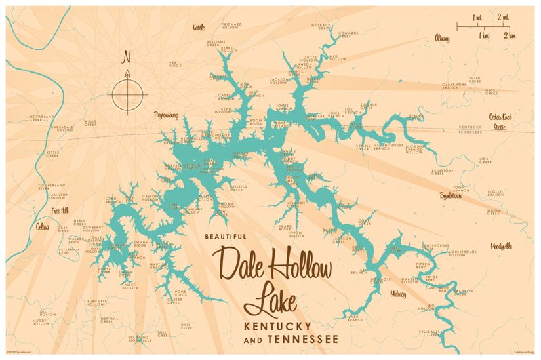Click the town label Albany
coord(442,39)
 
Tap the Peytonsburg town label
coord(166,114)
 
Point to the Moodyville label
coord(501,246)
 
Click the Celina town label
coord(43,227)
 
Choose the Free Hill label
coord(60,211)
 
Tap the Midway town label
coord(398,294)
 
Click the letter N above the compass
coord(127,57)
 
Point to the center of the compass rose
coord(127,94)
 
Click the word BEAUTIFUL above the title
coord(225,237)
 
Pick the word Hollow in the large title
coord(297,265)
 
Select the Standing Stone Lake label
coord(138,338)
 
